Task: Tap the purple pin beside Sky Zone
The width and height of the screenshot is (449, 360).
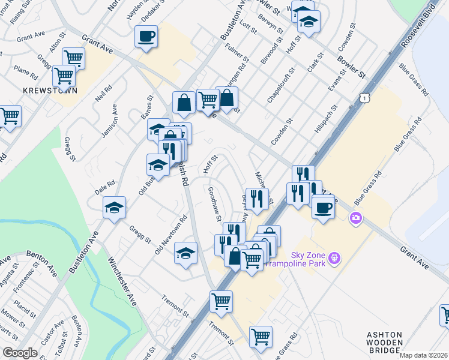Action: (334, 259)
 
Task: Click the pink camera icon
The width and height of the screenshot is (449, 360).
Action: (356, 217)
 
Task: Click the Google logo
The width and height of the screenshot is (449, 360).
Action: (20, 353)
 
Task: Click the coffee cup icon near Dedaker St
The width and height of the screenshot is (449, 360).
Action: (146, 37)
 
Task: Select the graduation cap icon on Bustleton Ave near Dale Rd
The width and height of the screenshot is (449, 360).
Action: (114, 208)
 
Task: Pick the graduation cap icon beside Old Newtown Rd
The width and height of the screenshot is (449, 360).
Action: (186, 254)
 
